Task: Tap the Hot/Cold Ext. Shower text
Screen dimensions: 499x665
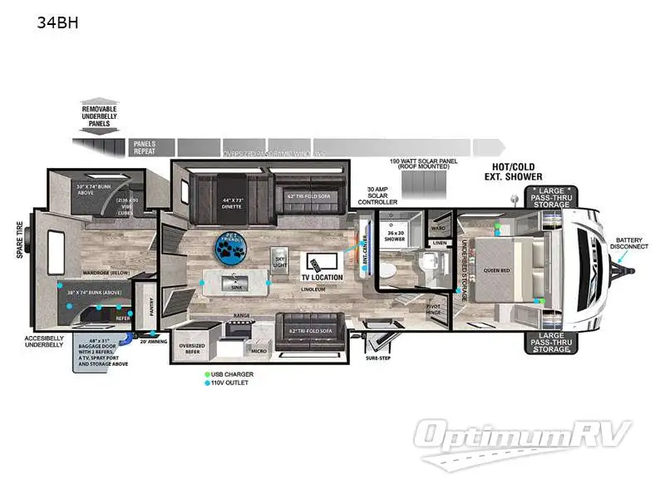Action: pos(513,171)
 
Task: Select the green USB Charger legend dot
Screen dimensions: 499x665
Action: pos(207,374)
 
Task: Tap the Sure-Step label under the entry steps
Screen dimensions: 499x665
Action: pos(377,358)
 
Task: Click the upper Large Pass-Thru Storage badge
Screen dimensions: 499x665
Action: pos(550,197)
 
